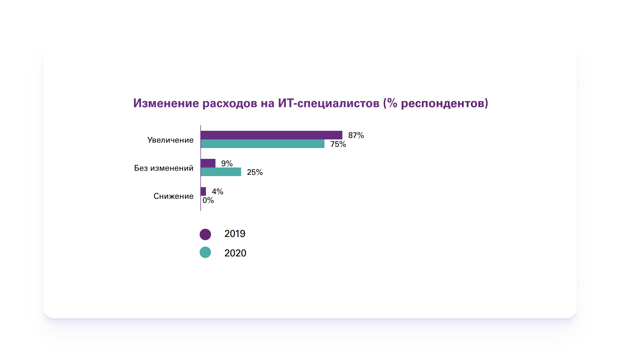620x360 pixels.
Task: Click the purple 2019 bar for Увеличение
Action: click(271, 135)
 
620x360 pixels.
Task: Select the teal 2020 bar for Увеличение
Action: click(263, 144)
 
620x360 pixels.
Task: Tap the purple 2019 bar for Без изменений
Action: click(208, 163)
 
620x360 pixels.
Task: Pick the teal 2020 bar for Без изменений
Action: click(221, 172)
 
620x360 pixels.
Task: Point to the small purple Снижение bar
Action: click(203, 191)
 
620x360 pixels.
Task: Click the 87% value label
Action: click(356, 136)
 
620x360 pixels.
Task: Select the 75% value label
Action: click(338, 144)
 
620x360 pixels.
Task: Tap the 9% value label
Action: click(227, 164)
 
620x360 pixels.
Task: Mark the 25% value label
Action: click(255, 172)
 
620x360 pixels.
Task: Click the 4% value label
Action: click(217, 192)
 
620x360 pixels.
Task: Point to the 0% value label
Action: click(208, 200)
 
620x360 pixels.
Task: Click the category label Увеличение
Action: click(170, 140)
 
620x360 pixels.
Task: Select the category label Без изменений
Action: click(164, 168)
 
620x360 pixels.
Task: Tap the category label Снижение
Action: click(174, 196)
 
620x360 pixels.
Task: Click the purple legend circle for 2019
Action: click(205, 234)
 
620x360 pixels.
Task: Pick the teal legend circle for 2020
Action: click(205, 253)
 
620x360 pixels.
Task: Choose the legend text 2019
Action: click(235, 234)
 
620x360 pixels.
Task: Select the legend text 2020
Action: click(235, 253)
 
